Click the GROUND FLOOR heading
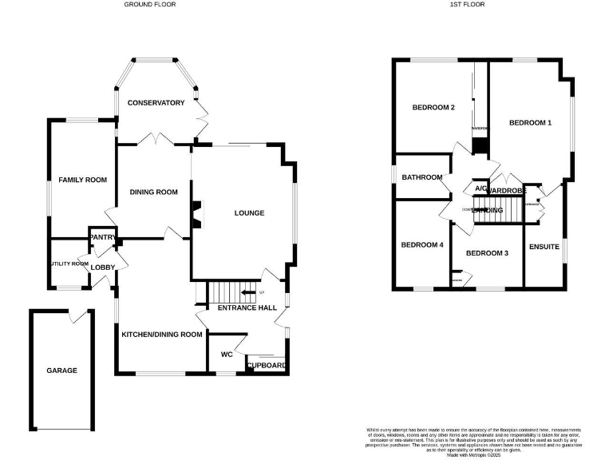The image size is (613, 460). click(x=150, y=4)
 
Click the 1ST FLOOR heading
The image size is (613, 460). click(x=468, y=4)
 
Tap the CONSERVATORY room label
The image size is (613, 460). click(x=156, y=102)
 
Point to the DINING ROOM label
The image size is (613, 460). click(x=153, y=192)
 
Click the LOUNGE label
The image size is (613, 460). click(x=249, y=212)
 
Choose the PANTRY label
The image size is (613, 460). click(x=103, y=237)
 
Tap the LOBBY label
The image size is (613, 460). click(x=102, y=267)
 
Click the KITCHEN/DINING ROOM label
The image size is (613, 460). click(x=161, y=335)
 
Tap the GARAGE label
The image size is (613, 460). click(x=61, y=371)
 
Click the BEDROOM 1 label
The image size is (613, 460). click(x=530, y=122)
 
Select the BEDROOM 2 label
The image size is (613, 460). click(x=433, y=107)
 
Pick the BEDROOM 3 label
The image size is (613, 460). click(x=487, y=253)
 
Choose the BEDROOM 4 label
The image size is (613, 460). click(x=421, y=244)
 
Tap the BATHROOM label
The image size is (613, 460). click(x=421, y=177)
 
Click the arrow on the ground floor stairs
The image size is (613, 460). click(x=248, y=293)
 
